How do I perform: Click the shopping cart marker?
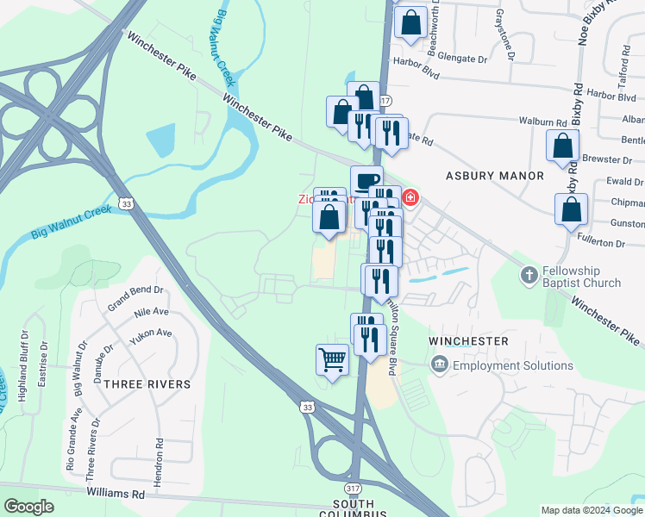332,359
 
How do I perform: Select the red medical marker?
410,198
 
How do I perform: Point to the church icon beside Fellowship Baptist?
529,277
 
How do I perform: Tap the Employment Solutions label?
513,365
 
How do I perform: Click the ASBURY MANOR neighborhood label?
495,176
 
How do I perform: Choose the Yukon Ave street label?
151,333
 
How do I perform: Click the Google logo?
29,507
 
